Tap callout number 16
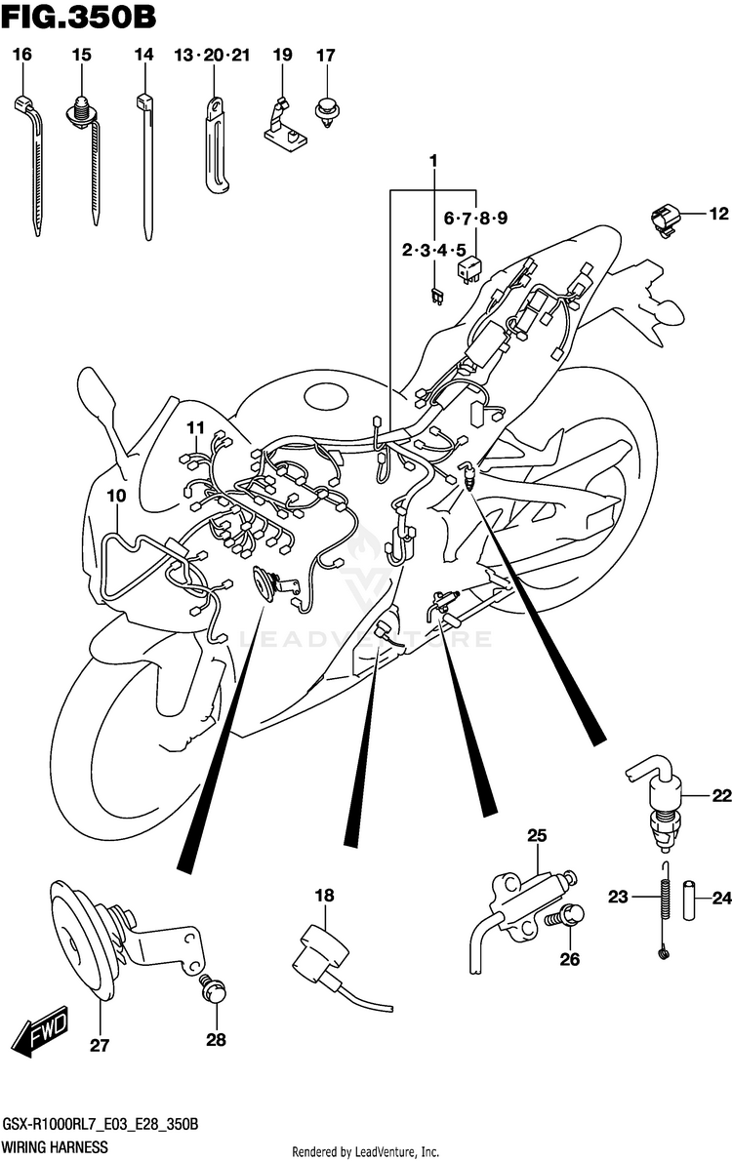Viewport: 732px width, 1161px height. coord(22,56)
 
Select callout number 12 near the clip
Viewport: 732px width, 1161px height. coord(718,214)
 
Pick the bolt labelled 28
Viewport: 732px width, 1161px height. coord(210,990)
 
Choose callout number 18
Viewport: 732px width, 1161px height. coord(324,895)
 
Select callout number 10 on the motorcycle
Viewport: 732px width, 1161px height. coord(117,496)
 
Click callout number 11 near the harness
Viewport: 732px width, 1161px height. coord(196,427)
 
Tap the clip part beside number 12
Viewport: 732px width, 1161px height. coord(664,219)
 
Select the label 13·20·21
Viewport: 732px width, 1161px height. coord(212,56)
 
